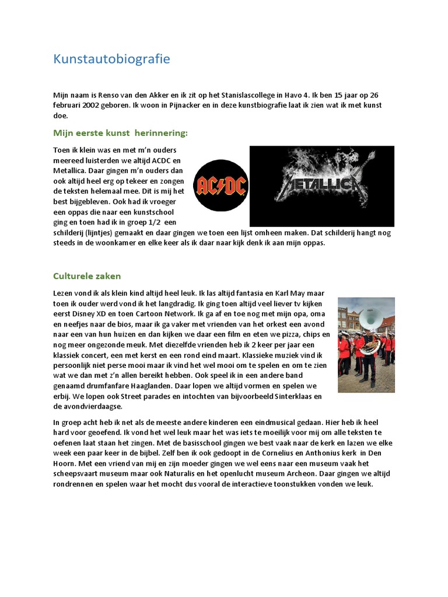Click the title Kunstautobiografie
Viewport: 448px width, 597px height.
(x=111, y=59)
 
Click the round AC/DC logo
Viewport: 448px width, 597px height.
(x=221, y=185)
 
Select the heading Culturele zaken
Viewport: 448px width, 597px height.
(x=87, y=276)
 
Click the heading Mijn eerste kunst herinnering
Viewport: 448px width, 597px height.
(x=121, y=133)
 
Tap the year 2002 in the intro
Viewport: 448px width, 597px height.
(x=98, y=105)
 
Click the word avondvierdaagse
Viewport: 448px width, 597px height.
(x=89, y=407)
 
